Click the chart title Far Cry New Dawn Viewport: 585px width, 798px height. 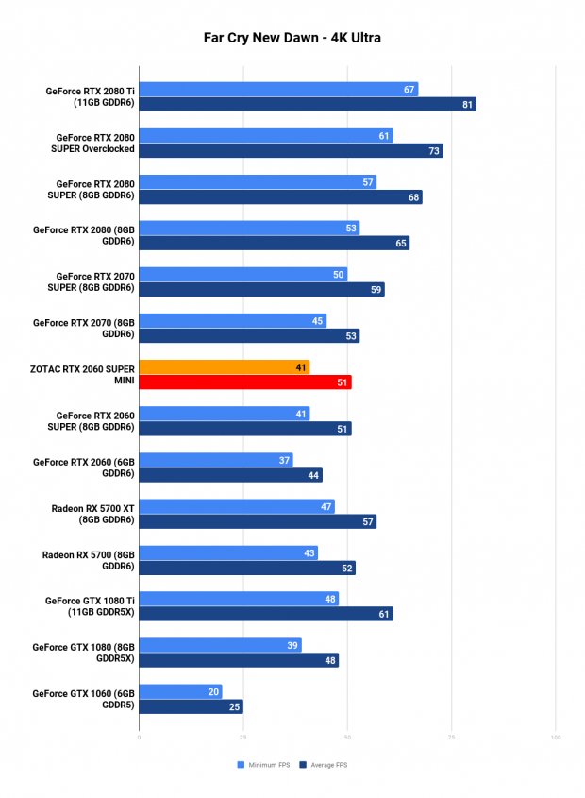click(292, 39)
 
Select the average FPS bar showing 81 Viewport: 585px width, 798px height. click(307, 104)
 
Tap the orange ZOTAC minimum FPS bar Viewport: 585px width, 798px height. click(224, 366)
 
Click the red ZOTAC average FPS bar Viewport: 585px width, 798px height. click(244, 382)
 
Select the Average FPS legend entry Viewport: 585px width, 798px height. click(323, 764)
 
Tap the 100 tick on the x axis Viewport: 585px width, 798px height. click(556, 737)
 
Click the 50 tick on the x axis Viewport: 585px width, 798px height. click(347, 737)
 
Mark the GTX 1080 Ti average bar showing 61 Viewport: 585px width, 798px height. click(265, 614)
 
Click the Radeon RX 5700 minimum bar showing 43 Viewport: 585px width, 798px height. click(227, 552)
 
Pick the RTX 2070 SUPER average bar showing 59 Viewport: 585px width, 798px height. click(261, 290)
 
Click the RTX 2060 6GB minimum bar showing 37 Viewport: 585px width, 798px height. click(215, 459)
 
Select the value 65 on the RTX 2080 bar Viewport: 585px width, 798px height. click(402, 243)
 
